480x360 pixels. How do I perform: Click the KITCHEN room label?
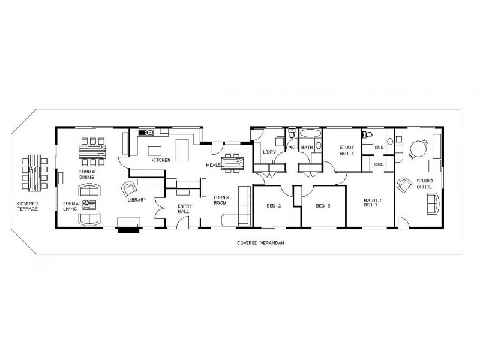point(161,160)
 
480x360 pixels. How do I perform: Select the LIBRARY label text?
point(136,200)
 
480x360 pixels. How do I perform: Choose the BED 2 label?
point(275,206)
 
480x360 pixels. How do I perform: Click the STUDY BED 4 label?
point(347,151)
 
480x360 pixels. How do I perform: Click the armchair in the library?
point(128,189)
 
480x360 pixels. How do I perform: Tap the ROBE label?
point(378,164)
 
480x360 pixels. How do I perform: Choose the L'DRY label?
point(268,153)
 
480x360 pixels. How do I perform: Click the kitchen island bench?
point(155,149)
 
